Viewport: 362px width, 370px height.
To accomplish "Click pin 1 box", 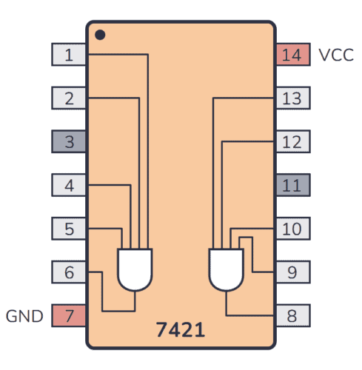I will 69,54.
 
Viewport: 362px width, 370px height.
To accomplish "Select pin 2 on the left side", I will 69,98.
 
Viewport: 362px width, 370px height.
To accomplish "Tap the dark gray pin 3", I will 69,141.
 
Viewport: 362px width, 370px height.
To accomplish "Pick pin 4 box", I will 69,185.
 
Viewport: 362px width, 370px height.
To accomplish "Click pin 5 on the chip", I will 69,229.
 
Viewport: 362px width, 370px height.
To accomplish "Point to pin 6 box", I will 69,272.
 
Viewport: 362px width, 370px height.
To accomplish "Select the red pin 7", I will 69,316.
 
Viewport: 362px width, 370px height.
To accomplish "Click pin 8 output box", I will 292,316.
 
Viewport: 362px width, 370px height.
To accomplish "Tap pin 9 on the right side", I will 292,272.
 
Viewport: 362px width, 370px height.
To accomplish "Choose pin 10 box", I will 292,229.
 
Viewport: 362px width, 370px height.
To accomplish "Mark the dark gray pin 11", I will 292,185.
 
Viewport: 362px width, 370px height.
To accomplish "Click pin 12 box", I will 292,141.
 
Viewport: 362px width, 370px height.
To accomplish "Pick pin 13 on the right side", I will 292,98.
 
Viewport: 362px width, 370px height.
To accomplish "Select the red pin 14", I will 292,54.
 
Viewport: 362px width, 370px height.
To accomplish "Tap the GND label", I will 25,317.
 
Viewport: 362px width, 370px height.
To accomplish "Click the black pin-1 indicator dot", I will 100,34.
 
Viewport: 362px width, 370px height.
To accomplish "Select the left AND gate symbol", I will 135,269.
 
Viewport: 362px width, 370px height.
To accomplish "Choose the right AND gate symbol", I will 227,269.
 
